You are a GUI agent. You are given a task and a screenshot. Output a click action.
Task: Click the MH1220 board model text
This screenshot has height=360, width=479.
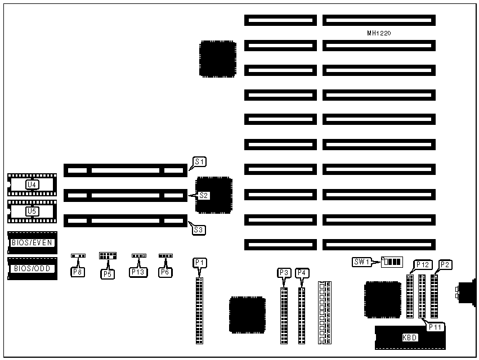coord(379,34)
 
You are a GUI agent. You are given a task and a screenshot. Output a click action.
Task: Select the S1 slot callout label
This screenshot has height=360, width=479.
coord(199,161)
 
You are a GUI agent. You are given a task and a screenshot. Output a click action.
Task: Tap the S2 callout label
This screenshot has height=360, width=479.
coord(203,196)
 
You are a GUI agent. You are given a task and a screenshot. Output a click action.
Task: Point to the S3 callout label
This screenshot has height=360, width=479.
coord(198,229)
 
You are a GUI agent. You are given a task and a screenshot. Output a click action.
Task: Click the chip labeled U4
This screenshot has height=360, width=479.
coord(32,184)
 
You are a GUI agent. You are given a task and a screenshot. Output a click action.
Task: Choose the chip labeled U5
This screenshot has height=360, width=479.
coord(32,211)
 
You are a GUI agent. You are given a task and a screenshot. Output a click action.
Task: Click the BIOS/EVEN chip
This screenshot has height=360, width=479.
coord(32,242)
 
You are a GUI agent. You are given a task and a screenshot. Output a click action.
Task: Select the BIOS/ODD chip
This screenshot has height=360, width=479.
coord(32,268)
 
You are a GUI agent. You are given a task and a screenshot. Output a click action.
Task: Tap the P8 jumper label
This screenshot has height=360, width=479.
coord(77,272)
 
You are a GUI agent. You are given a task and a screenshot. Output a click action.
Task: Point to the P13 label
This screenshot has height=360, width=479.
coord(138,272)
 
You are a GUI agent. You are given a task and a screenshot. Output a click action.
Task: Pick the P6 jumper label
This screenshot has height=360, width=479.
coord(165,272)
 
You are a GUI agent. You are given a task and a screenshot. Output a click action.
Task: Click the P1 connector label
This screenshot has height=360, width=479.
coord(200,263)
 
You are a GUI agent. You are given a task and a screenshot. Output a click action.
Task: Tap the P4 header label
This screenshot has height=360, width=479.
coord(302,273)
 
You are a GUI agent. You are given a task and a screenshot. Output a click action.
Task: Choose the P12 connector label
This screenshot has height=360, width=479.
coord(423,264)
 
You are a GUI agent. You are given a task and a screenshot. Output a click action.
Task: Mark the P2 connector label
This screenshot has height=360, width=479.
coord(445,264)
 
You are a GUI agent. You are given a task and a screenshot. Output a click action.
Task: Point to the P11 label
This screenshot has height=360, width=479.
coord(435,326)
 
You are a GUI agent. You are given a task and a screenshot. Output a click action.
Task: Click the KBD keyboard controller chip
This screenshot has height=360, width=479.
coord(409,337)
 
